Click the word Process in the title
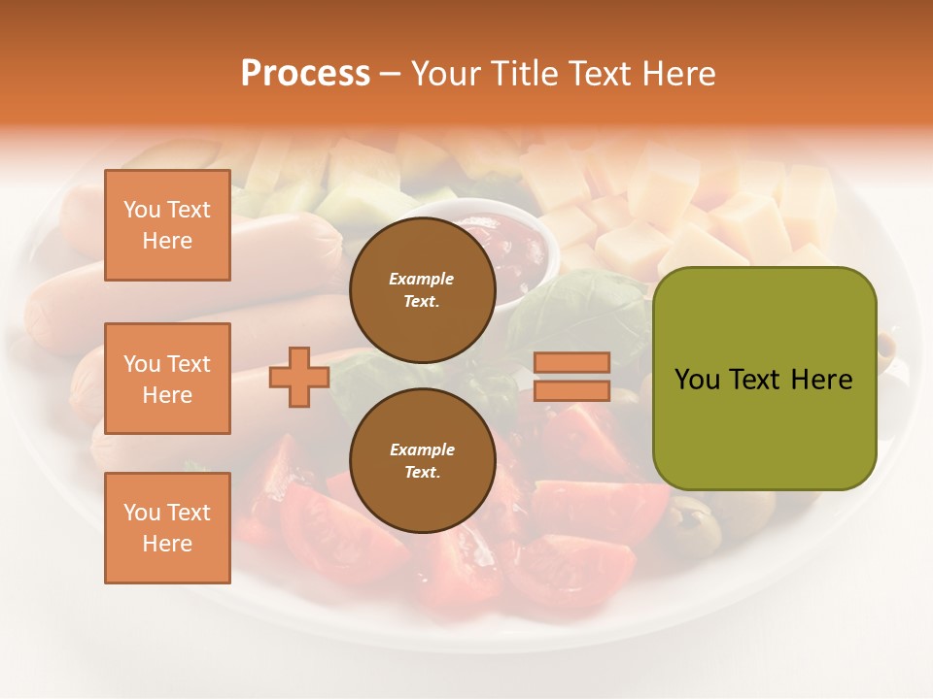click(x=305, y=74)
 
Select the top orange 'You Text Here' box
click(x=167, y=225)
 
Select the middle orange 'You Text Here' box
click(x=167, y=379)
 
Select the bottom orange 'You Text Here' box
click(x=167, y=528)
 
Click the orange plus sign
click(x=299, y=377)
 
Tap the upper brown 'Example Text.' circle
click(x=422, y=289)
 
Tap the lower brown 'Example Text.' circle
click(x=422, y=460)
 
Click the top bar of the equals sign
click(x=571, y=363)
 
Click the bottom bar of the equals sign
click(x=571, y=390)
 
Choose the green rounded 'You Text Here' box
click(x=764, y=379)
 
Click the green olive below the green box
click(x=696, y=524)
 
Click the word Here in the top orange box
click(x=167, y=241)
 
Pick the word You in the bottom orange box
click(x=142, y=513)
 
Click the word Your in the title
click(x=446, y=74)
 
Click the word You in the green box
click(x=697, y=380)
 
